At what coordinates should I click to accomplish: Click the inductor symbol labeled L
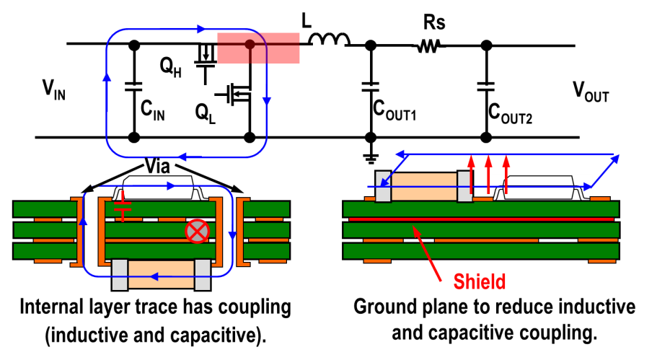pyautogui.click(x=330, y=40)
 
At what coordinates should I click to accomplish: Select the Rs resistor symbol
pyautogui.click(x=430, y=46)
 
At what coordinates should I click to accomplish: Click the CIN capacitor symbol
pyautogui.click(x=133, y=87)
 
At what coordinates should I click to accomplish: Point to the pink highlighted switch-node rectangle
pyautogui.click(x=258, y=47)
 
